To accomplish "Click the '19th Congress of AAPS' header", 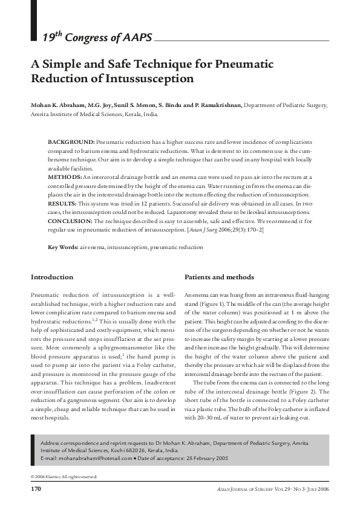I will point(97,38).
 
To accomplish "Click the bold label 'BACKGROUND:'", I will point(71,141).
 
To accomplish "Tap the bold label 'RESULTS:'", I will point(63,204).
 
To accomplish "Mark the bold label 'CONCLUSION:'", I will point(70,222).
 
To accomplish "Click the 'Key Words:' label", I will point(63,248).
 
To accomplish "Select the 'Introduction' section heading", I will point(52,277).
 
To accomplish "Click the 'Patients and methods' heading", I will point(219,277).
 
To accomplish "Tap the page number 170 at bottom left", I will point(36,488).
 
